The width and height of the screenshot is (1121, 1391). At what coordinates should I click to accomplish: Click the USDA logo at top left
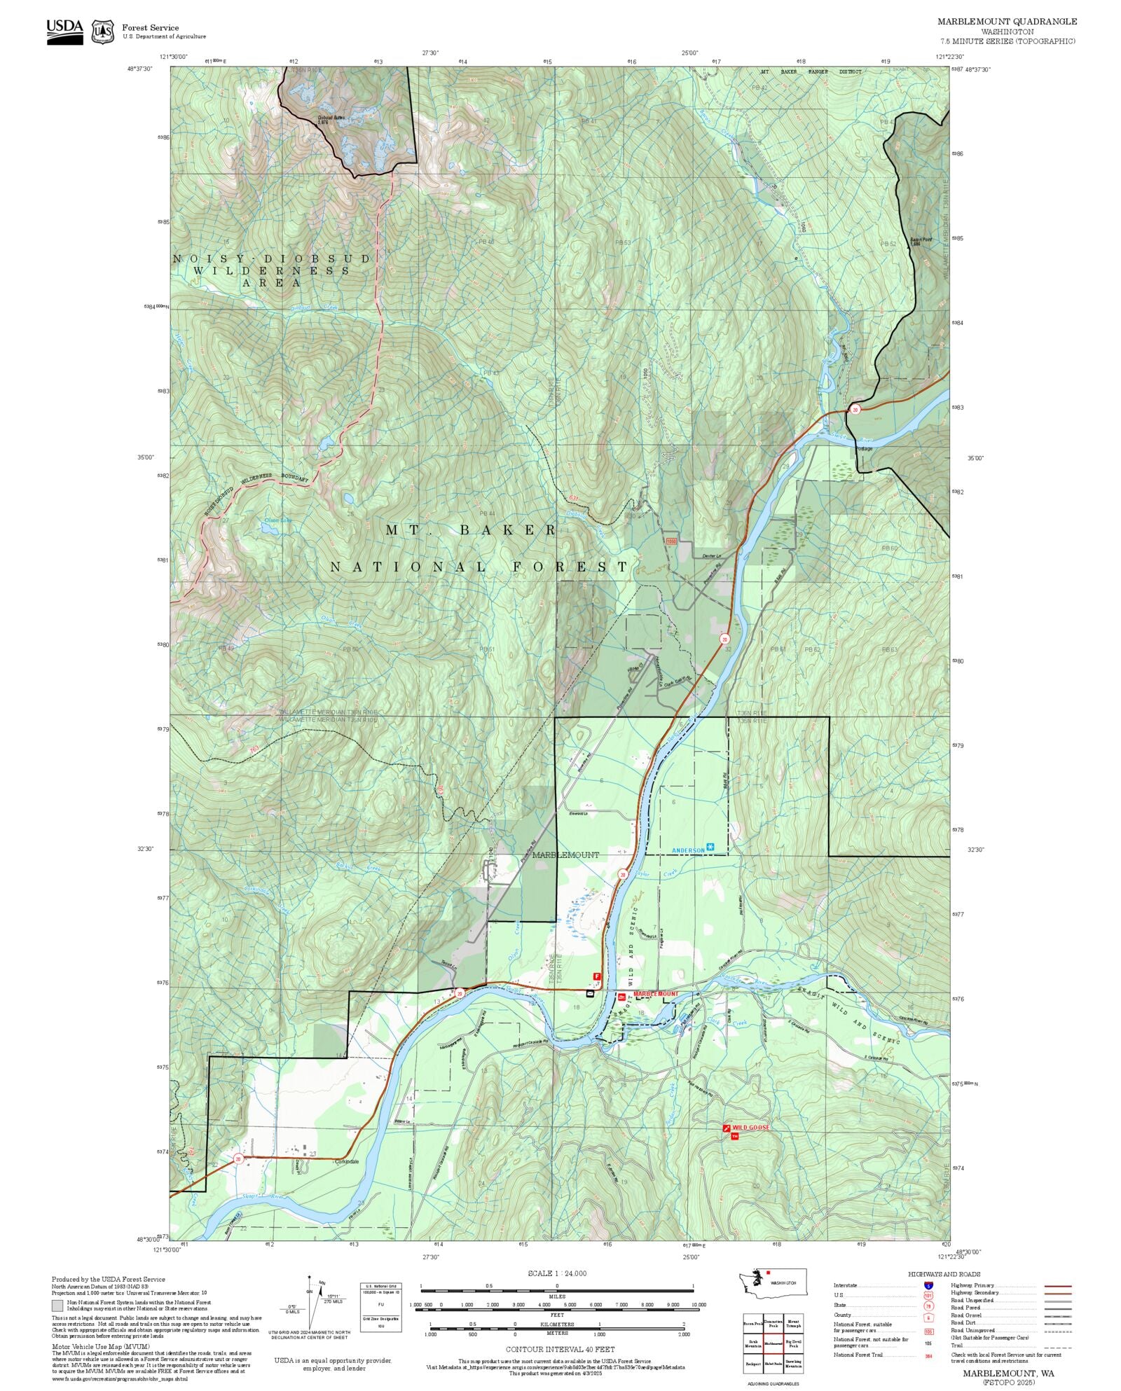pyautogui.click(x=64, y=32)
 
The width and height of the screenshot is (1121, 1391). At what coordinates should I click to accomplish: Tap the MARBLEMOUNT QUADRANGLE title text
pyautogui.click(x=1007, y=22)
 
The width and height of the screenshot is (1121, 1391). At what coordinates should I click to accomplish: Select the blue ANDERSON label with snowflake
pyautogui.click(x=689, y=850)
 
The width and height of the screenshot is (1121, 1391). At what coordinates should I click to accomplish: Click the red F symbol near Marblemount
pyautogui.click(x=597, y=976)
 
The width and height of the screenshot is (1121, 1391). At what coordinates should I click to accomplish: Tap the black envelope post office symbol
pyautogui.click(x=590, y=992)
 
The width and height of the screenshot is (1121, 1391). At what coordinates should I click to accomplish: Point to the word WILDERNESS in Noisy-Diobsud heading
pyautogui.click(x=273, y=270)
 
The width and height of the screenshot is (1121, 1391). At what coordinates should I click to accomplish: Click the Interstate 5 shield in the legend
pyautogui.click(x=928, y=1286)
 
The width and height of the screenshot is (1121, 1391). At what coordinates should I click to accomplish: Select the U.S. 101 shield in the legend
pyautogui.click(x=928, y=1296)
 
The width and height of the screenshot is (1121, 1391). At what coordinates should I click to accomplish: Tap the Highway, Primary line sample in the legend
pyautogui.click(x=1057, y=1286)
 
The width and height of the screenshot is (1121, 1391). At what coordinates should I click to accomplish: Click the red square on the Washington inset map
pyautogui.click(x=769, y=1273)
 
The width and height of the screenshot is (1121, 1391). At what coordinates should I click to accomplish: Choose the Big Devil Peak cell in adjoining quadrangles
pyautogui.click(x=794, y=1344)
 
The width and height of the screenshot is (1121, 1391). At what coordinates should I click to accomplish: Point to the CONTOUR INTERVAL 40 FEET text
pyautogui.click(x=560, y=1349)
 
